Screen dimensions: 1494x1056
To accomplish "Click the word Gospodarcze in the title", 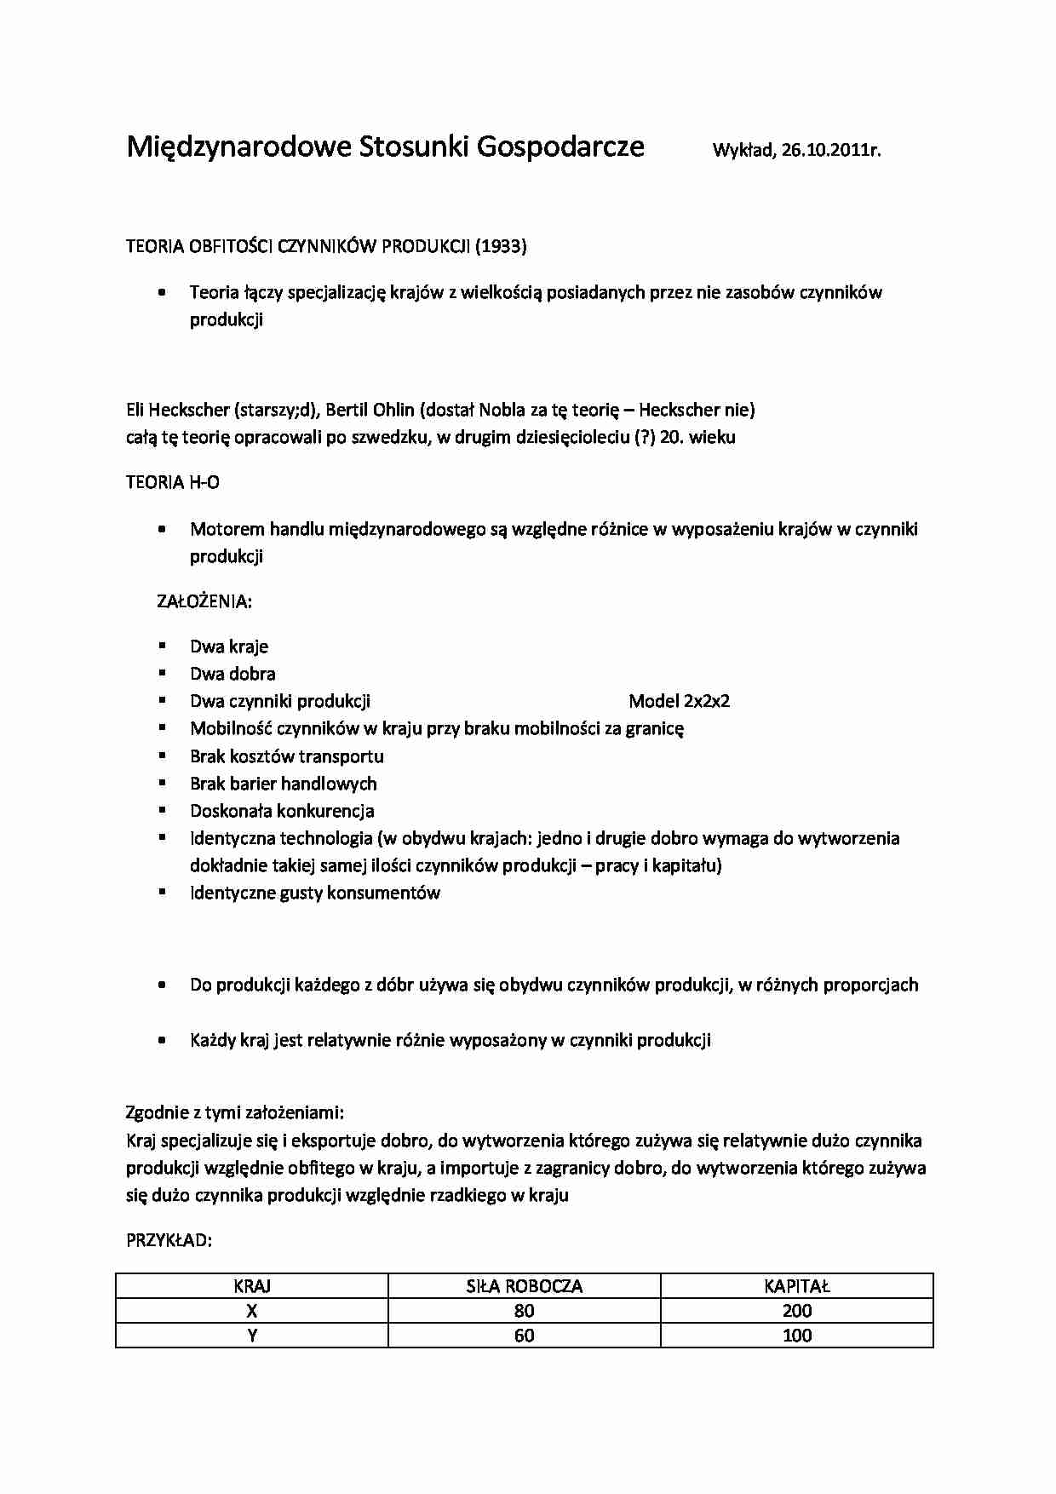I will click(x=560, y=147).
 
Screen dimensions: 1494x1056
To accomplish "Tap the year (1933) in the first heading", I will click(x=501, y=246).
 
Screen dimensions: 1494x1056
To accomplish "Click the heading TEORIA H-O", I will click(x=173, y=482).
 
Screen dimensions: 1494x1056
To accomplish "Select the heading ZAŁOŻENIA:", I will click(x=204, y=601).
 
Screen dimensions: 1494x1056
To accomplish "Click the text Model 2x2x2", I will click(x=679, y=701).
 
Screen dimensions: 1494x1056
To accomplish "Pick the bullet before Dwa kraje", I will click(x=162, y=646).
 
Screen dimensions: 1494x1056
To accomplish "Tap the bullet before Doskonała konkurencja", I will click(x=162, y=810).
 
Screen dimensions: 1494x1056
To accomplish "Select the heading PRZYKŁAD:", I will click(x=169, y=1240).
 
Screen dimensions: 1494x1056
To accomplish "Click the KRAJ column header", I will click(x=252, y=1286).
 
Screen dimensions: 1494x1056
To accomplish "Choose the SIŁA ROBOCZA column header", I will click(x=525, y=1286).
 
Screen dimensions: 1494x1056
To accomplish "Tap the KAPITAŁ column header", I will click(x=797, y=1286).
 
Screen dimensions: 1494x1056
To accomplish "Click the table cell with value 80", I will click(x=525, y=1311).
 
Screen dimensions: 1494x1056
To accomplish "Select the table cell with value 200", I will click(x=797, y=1311).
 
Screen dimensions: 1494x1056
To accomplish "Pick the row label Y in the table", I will click(x=252, y=1336).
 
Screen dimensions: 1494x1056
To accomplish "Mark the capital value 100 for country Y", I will click(x=797, y=1336).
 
